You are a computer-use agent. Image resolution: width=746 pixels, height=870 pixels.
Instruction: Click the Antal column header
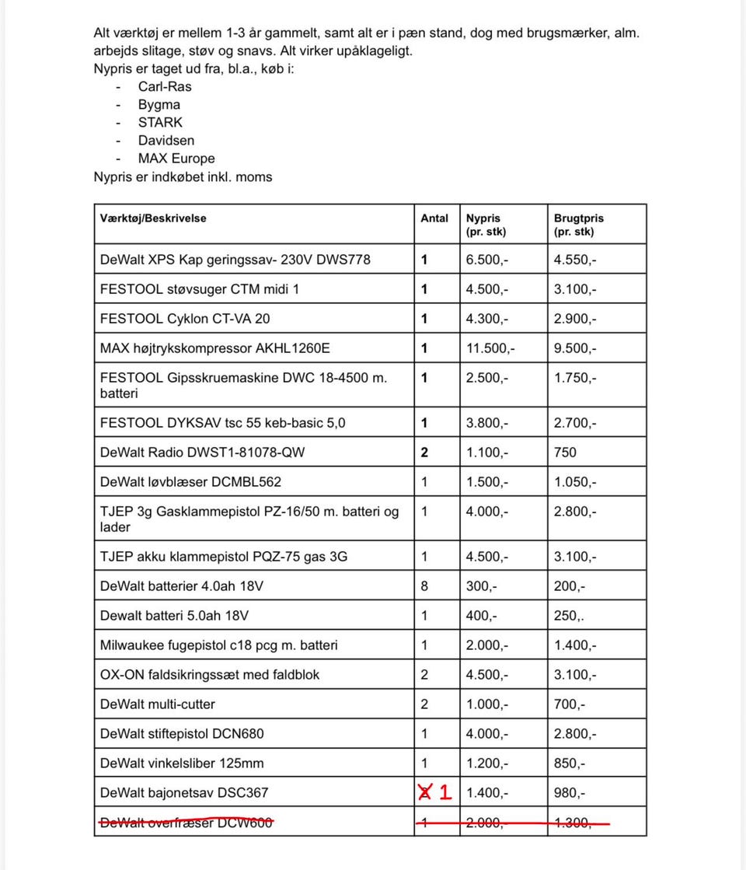(x=434, y=218)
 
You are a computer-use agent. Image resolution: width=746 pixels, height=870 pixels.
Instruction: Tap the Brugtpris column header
(x=578, y=225)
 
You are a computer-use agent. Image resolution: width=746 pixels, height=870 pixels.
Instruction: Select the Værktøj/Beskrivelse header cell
(x=153, y=218)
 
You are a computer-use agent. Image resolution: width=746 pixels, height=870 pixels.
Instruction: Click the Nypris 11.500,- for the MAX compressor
(x=487, y=348)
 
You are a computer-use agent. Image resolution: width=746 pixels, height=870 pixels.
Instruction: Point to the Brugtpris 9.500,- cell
(x=575, y=348)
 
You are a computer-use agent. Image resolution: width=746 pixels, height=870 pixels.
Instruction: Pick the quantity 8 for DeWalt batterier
(x=424, y=586)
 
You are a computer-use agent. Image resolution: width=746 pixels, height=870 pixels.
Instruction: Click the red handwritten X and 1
(x=435, y=792)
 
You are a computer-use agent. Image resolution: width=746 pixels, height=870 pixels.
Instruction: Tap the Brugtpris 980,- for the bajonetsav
(x=570, y=793)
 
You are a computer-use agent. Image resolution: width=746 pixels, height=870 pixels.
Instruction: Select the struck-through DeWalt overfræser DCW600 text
(x=186, y=823)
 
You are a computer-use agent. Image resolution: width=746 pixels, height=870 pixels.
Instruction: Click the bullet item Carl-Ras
(x=165, y=86)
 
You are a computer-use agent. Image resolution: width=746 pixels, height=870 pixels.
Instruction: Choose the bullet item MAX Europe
(x=176, y=159)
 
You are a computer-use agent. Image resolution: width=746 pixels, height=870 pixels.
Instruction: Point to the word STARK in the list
(x=160, y=122)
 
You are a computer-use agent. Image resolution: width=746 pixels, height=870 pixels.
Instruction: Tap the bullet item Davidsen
(x=166, y=141)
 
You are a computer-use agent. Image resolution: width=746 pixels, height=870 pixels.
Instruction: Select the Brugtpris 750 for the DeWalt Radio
(x=565, y=452)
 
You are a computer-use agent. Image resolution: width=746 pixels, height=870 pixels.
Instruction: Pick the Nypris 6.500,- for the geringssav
(x=487, y=260)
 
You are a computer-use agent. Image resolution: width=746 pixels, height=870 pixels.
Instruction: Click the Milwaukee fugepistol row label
(x=218, y=645)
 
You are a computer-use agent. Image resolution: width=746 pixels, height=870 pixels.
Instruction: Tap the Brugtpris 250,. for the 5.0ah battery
(x=570, y=616)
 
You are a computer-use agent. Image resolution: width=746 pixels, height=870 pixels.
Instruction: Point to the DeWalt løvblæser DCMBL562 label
(x=190, y=482)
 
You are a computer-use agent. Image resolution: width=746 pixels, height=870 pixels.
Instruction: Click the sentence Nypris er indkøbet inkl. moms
(x=183, y=177)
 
